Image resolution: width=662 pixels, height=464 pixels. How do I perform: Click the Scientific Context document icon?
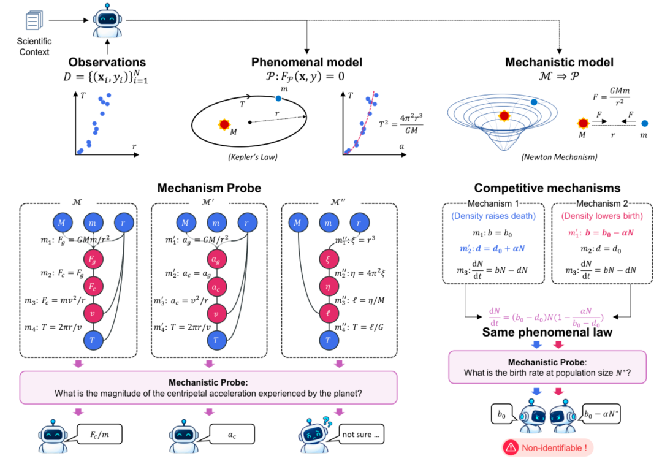point(34,20)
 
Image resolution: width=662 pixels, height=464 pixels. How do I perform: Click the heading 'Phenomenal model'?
point(306,62)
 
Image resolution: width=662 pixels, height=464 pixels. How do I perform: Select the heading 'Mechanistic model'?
point(559,62)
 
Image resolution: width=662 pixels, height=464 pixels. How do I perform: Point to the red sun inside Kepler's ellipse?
point(224,124)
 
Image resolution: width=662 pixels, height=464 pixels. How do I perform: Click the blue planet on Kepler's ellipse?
point(278,98)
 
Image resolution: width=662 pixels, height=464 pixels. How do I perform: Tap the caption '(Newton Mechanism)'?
point(559,157)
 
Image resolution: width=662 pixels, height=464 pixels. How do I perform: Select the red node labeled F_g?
point(93,259)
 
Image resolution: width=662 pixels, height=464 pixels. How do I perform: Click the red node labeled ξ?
point(328,259)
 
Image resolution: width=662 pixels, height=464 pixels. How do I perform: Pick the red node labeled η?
point(328,287)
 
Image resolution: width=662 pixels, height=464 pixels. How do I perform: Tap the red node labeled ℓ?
point(328,313)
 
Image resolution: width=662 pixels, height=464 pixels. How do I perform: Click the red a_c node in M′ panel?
point(216,287)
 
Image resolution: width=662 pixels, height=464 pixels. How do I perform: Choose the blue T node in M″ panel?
point(328,340)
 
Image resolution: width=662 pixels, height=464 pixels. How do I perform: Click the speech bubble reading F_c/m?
point(99,435)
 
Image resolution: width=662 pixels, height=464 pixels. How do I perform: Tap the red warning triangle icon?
point(511,447)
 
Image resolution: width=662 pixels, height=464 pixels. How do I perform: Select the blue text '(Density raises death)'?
point(493,216)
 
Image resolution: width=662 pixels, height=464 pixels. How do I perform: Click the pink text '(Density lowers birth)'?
point(602,216)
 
